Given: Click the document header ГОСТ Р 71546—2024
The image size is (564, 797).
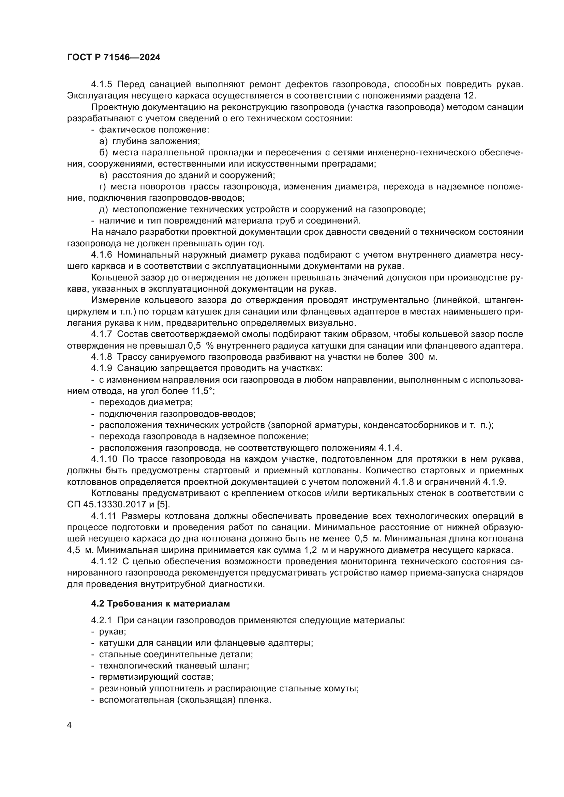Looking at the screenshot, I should (114, 58).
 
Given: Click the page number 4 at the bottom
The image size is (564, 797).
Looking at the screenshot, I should (70, 725).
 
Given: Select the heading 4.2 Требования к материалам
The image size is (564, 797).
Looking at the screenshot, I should (161, 604).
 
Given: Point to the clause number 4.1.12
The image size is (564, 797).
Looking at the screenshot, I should (104, 562).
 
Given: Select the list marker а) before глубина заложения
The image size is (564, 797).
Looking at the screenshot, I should (104, 141).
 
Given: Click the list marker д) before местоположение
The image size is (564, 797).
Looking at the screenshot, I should (104, 209).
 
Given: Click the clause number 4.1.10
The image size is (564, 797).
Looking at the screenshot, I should (104, 459).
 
